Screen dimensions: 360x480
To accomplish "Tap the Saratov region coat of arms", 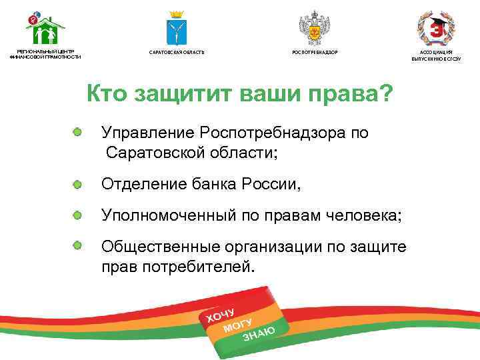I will [176, 29].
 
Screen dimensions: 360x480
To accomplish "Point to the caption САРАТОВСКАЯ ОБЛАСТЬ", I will [177, 52].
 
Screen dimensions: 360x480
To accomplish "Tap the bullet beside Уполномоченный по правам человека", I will [78, 215].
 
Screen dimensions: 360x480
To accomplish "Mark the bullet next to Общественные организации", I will [78, 246].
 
